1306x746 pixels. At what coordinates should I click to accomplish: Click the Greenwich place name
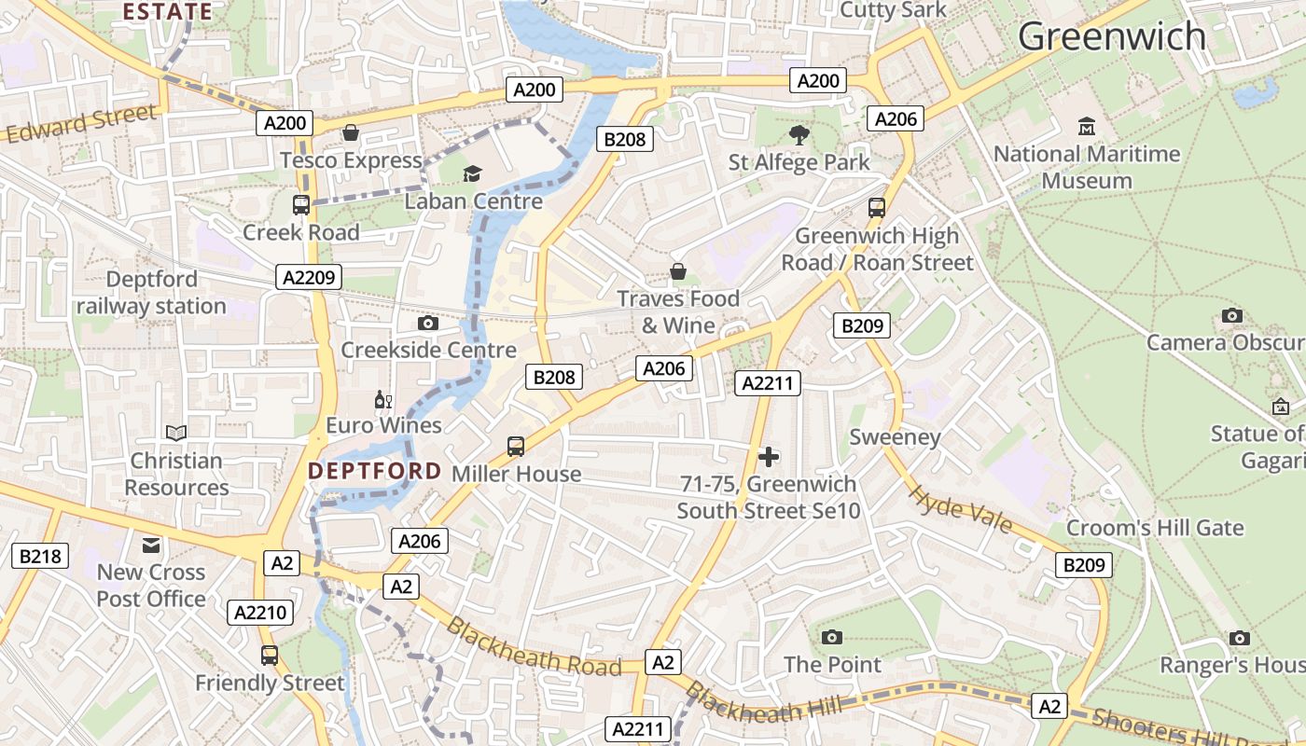[1111, 37]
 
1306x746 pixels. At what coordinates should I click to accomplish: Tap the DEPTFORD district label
[374, 471]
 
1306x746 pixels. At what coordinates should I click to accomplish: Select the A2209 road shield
[309, 277]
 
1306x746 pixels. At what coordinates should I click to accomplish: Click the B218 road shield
[39, 557]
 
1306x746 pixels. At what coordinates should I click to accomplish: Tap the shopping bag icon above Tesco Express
[351, 133]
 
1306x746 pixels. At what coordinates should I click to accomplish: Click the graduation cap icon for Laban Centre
[473, 173]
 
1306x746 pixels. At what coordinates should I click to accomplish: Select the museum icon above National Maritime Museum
[1086, 126]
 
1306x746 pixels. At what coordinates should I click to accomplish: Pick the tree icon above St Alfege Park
[799, 135]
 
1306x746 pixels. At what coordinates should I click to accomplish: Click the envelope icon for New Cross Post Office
[151, 545]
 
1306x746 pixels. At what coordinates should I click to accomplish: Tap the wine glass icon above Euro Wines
[382, 400]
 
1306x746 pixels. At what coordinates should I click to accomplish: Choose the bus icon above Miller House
[516, 447]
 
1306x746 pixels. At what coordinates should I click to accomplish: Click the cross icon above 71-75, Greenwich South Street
[769, 457]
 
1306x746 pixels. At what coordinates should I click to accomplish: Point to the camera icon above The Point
[832, 637]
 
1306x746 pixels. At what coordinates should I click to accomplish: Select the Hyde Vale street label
[960, 509]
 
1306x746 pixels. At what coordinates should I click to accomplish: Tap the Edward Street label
[81, 124]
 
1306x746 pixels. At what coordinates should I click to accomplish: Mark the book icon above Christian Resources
[176, 433]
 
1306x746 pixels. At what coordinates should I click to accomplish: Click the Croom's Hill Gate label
[1155, 528]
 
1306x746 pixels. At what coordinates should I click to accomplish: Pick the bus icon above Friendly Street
[270, 656]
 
